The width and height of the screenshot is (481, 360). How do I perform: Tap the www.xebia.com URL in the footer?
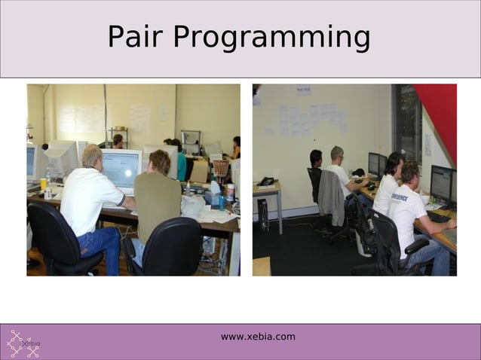tap(258, 337)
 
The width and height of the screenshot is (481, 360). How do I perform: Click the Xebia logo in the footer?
tap(23, 343)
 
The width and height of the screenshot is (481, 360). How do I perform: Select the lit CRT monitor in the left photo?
tap(121, 168)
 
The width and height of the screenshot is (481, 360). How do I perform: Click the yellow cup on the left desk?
tap(43, 184)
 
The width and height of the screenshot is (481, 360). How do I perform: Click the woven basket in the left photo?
tap(220, 166)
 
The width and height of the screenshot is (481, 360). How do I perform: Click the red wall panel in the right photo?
tap(440, 113)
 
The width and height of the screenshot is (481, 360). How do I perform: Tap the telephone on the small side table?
tap(267, 182)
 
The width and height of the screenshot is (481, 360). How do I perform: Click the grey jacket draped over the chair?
tap(331, 197)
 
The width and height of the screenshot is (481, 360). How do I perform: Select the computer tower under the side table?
tap(263, 215)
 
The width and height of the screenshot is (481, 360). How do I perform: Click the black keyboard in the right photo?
tap(438, 217)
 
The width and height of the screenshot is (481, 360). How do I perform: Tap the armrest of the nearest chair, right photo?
tap(417, 245)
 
